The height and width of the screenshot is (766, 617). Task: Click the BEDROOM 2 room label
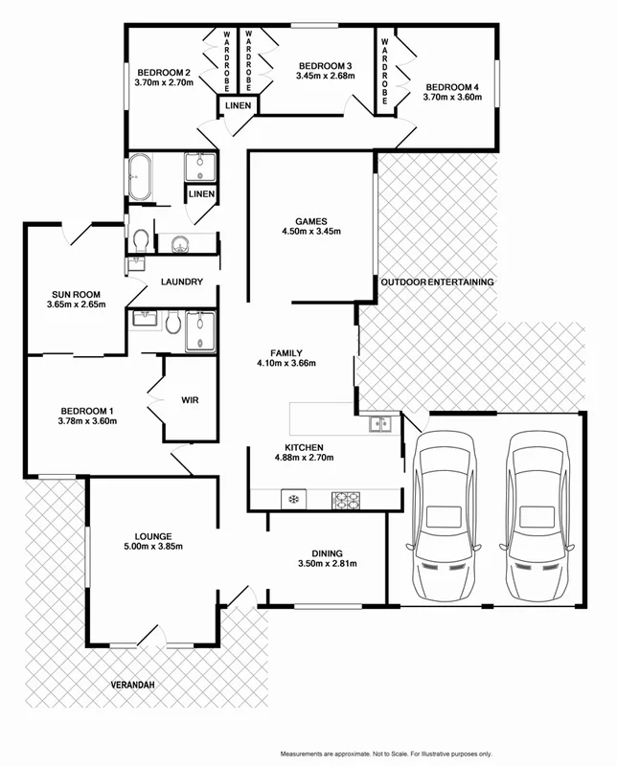click(165, 72)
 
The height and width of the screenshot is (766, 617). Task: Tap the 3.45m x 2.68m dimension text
click(325, 76)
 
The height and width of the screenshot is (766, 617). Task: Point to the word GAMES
click(311, 219)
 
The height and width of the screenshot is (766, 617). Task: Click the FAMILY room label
click(286, 351)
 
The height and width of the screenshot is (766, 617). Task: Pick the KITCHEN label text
click(305, 447)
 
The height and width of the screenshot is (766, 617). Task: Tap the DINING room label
click(328, 552)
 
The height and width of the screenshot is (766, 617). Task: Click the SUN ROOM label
click(75, 294)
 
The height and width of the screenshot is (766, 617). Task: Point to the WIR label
click(189, 400)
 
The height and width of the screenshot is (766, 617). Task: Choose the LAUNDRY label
click(180, 282)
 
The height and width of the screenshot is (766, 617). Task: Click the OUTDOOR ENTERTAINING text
click(437, 282)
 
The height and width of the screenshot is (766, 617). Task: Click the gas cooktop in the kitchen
click(345, 499)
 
